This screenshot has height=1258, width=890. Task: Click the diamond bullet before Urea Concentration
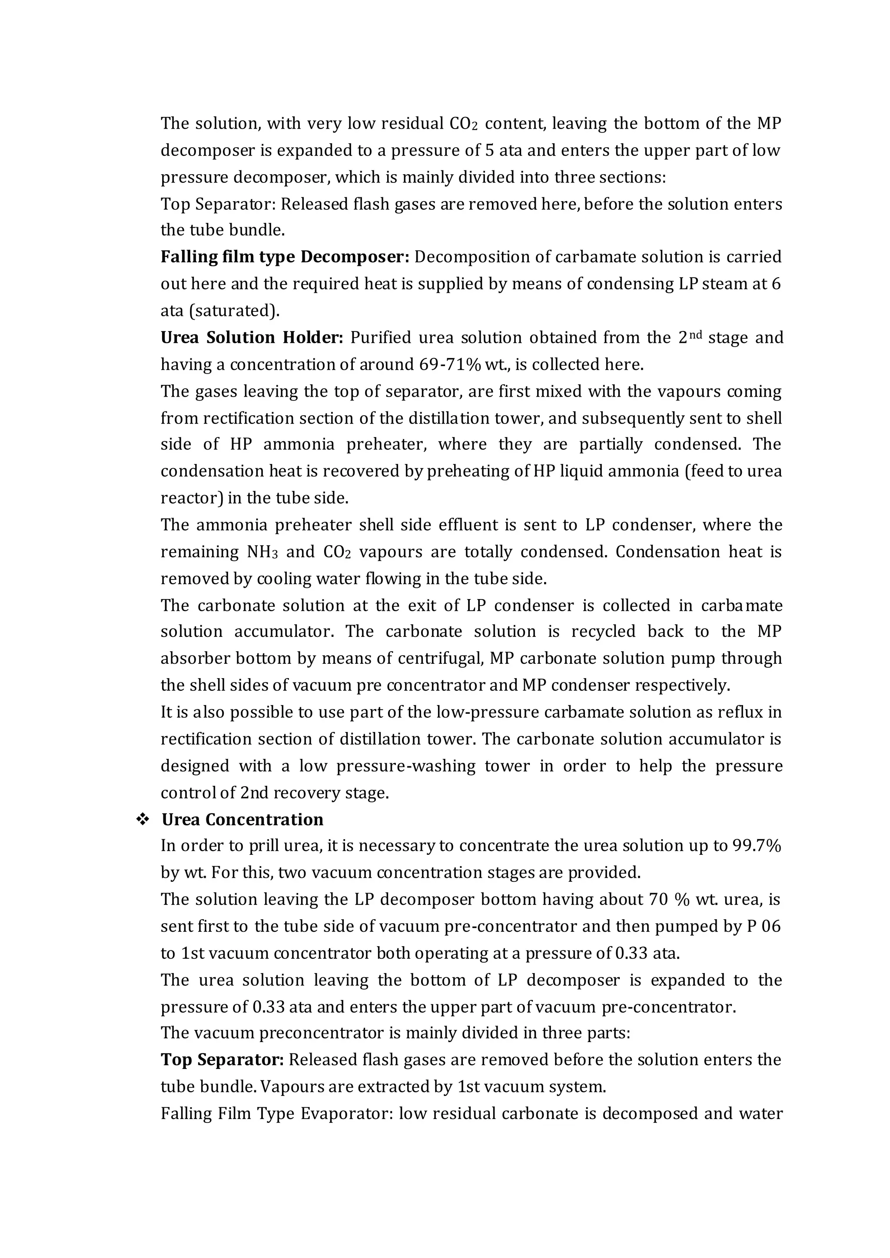[143, 820]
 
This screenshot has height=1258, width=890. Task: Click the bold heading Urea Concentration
[242, 820]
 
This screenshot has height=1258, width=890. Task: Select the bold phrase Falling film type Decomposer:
[285, 257]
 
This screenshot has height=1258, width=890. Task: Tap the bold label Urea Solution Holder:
[252, 338]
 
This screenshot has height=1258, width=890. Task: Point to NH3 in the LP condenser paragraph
[262, 552]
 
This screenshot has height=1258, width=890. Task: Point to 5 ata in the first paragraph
[502, 150]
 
